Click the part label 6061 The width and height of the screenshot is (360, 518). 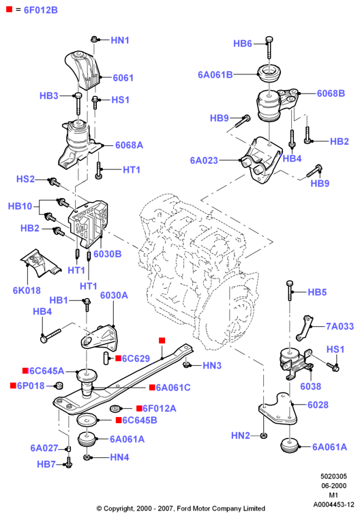[x=123, y=78]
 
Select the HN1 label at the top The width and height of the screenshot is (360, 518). [x=120, y=40]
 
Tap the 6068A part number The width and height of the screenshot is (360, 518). [x=129, y=145]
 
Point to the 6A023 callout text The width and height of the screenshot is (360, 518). [x=204, y=160]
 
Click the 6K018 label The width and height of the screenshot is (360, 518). [x=27, y=290]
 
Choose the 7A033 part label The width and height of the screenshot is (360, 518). [x=340, y=326]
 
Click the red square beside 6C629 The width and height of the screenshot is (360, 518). [x=118, y=358]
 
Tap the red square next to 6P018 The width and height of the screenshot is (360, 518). [x=13, y=385]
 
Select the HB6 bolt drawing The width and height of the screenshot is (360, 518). [x=269, y=47]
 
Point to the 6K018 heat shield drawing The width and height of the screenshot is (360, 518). [x=40, y=263]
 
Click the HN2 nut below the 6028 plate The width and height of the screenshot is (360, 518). [x=263, y=435]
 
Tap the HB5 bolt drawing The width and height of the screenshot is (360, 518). [x=290, y=290]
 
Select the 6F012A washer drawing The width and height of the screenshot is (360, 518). [x=115, y=409]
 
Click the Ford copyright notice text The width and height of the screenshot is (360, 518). [x=181, y=508]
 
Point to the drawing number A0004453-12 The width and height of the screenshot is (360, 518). [x=333, y=504]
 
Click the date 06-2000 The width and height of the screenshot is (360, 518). [x=334, y=486]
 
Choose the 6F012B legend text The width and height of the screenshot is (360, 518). [x=41, y=10]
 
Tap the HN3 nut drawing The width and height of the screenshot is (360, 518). [x=186, y=364]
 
